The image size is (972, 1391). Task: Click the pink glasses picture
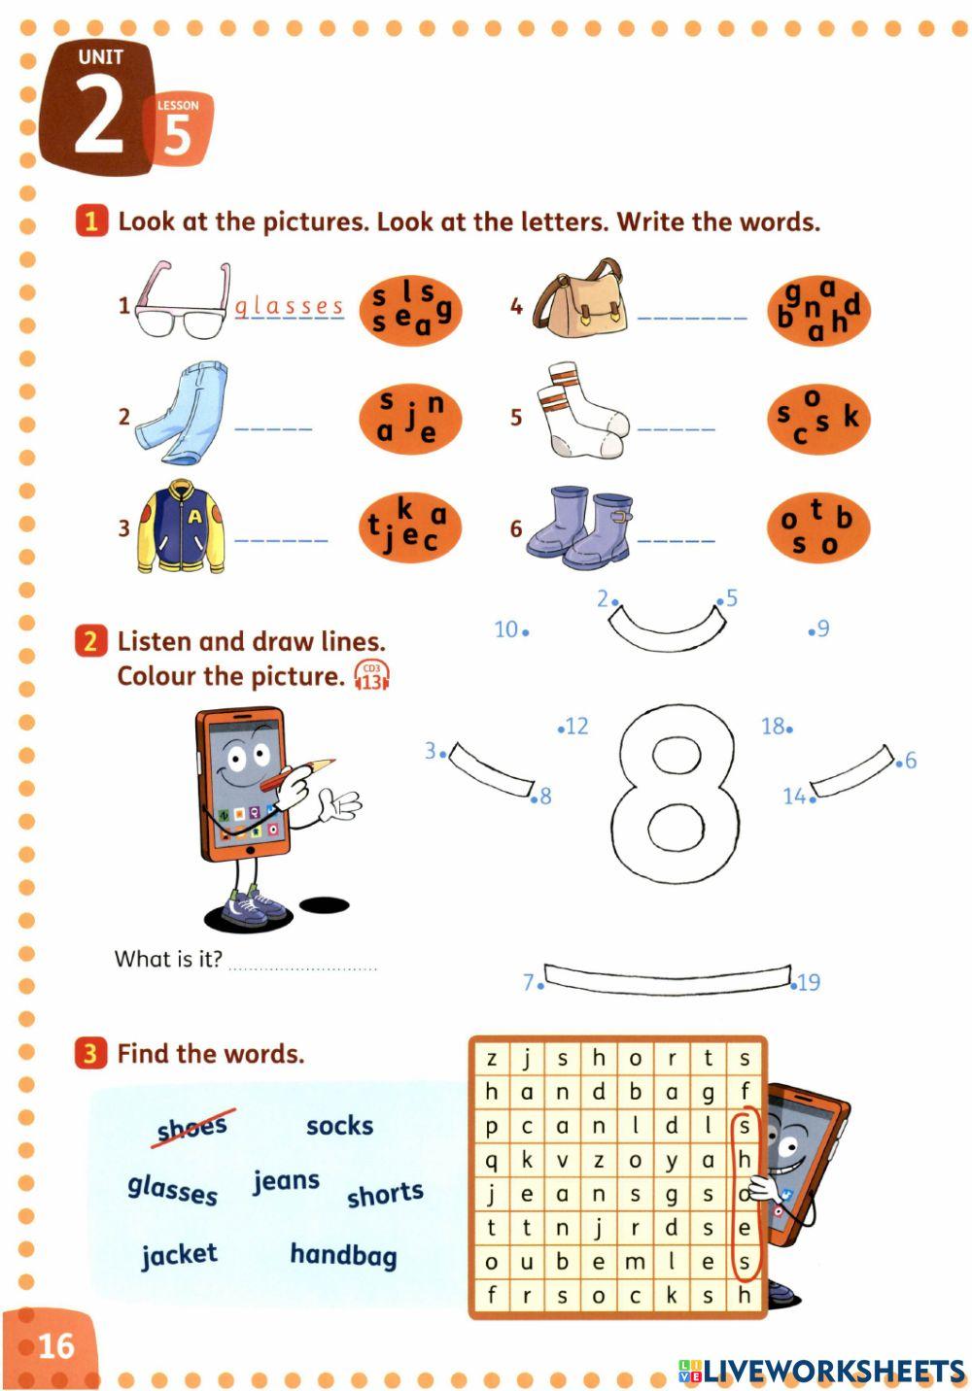pos(181,302)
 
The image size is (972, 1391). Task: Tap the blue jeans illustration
pos(181,414)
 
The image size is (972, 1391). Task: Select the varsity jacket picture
pos(183,526)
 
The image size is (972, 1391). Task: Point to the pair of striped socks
pos(583,412)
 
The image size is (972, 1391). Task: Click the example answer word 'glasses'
pos(290,307)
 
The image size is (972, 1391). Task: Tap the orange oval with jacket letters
pos(410,527)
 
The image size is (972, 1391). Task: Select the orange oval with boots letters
pos(817,527)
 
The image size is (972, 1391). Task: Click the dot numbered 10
pos(526,632)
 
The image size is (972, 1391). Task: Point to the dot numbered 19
pos(794,983)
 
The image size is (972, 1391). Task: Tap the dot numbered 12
pos(561,728)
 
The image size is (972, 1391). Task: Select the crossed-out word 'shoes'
pos(192,1128)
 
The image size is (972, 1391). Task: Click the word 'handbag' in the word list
pos(343,1255)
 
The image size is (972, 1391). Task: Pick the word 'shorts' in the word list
pos(385,1194)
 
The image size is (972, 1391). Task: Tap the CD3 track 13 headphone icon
pos(371,675)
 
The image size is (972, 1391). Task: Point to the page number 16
pos(55,1345)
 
